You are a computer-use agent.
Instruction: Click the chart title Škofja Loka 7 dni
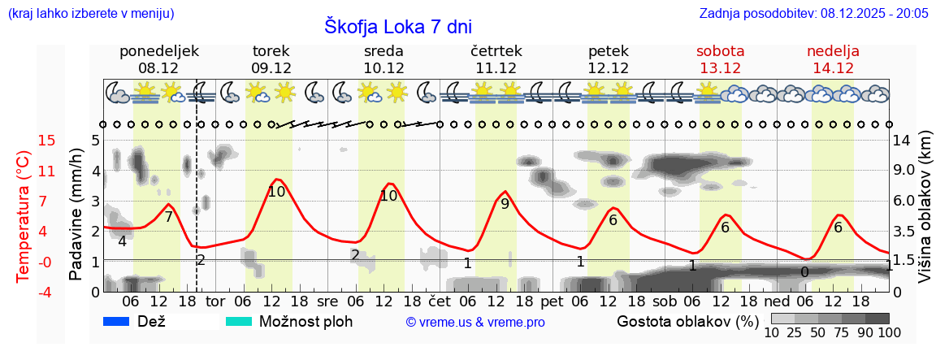pyautogui.click(x=397, y=26)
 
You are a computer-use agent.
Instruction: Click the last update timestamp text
pyautogui.click(x=813, y=14)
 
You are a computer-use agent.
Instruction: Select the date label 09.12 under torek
pyautogui.click(x=271, y=68)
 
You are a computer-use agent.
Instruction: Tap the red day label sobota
pyautogui.click(x=720, y=51)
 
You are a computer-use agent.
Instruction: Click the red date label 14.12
pyautogui.click(x=833, y=68)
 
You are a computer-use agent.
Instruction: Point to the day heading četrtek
pyautogui.click(x=496, y=51)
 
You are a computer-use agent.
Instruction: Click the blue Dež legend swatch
pyautogui.click(x=117, y=322)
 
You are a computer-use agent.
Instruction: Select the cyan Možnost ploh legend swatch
pyautogui.click(x=238, y=322)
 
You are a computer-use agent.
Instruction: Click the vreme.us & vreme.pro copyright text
pyautogui.click(x=475, y=323)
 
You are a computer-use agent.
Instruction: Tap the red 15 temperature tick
pyautogui.click(x=24, y=141)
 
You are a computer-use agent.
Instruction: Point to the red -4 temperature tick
pyautogui.click(x=24, y=292)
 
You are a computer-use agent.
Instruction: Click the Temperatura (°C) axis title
pyautogui.click(x=24, y=216)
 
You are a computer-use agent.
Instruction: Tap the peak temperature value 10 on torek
pyautogui.click(x=276, y=192)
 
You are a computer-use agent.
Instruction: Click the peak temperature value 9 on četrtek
pyautogui.click(x=505, y=204)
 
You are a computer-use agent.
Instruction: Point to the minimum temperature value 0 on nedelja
pyautogui.click(x=804, y=272)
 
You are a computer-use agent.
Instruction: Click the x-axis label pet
pyautogui.click(x=551, y=301)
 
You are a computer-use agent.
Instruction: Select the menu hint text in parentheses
pyautogui.click(x=90, y=14)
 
